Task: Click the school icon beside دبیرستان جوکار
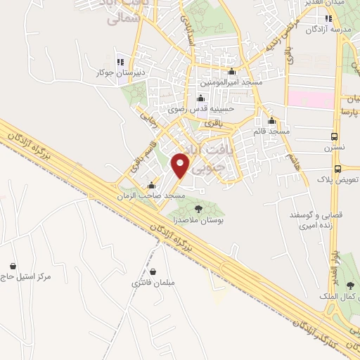pos(119,60)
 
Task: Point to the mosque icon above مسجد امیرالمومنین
pos(232,71)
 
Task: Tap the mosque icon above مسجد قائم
pos(271,120)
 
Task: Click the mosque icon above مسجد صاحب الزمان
pos(151,186)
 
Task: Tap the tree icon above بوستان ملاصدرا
pos(198,208)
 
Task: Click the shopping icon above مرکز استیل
pos(13,266)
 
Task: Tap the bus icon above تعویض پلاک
pos(338,168)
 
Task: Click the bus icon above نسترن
pos(333,136)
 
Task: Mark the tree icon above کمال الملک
pos(351,284)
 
